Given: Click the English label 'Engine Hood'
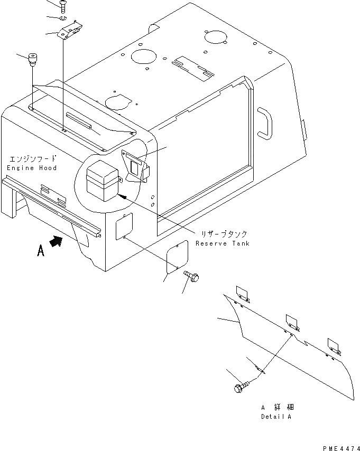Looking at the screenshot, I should [32, 167].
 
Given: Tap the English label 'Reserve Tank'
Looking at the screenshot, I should [222, 243].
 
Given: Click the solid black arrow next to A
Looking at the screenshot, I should [56, 242].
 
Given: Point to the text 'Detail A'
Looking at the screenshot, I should [275, 417].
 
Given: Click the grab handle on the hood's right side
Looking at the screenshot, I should [266, 123].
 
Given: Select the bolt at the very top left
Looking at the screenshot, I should [64, 6].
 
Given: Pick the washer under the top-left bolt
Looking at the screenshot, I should [64, 19].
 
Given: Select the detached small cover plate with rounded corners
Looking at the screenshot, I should [177, 257].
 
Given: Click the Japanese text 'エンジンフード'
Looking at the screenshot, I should [32, 158].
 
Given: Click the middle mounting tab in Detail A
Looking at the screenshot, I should [292, 321].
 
